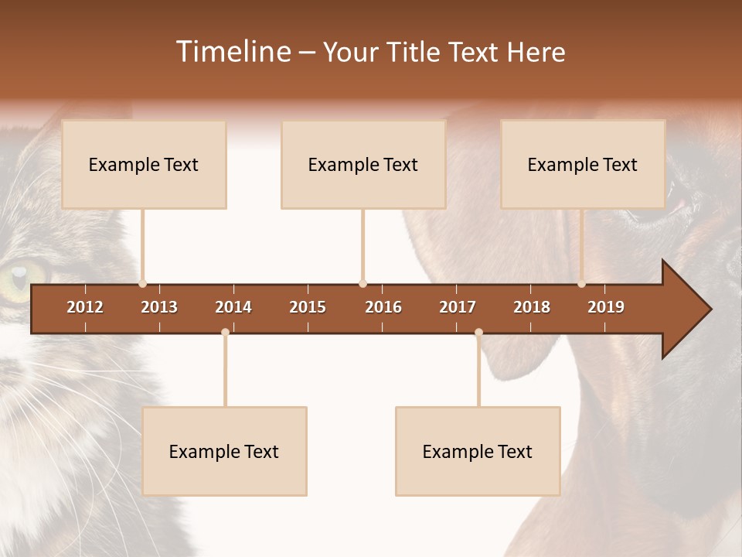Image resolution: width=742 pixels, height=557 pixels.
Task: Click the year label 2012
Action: (x=85, y=307)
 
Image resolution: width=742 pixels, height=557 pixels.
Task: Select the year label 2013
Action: (x=159, y=307)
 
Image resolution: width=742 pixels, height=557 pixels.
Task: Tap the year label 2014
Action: (x=233, y=307)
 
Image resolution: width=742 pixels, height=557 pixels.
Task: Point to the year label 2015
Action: (x=308, y=307)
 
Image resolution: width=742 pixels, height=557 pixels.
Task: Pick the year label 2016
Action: (x=383, y=307)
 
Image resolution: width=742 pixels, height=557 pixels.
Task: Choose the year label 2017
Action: (x=458, y=307)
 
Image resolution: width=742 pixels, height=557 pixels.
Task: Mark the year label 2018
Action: (x=532, y=307)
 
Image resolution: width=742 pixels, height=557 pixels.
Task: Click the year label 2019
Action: (x=606, y=307)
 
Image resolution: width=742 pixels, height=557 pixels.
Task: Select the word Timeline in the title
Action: (x=232, y=52)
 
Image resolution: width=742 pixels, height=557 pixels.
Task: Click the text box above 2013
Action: (x=144, y=164)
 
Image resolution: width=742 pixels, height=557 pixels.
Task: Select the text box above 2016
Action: (x=363, y=164)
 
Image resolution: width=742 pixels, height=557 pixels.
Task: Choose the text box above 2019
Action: (x=583, y=164)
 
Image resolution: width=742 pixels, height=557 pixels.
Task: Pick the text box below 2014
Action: (x=224, y=451)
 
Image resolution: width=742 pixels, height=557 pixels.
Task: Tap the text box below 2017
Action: (x=478, y=451)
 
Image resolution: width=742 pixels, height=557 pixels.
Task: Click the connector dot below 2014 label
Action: (x=225, y=332)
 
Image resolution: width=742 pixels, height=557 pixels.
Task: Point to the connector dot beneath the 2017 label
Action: (x=478, y=332)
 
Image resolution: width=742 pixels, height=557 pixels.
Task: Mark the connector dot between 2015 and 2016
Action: (x=362, y=283)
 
